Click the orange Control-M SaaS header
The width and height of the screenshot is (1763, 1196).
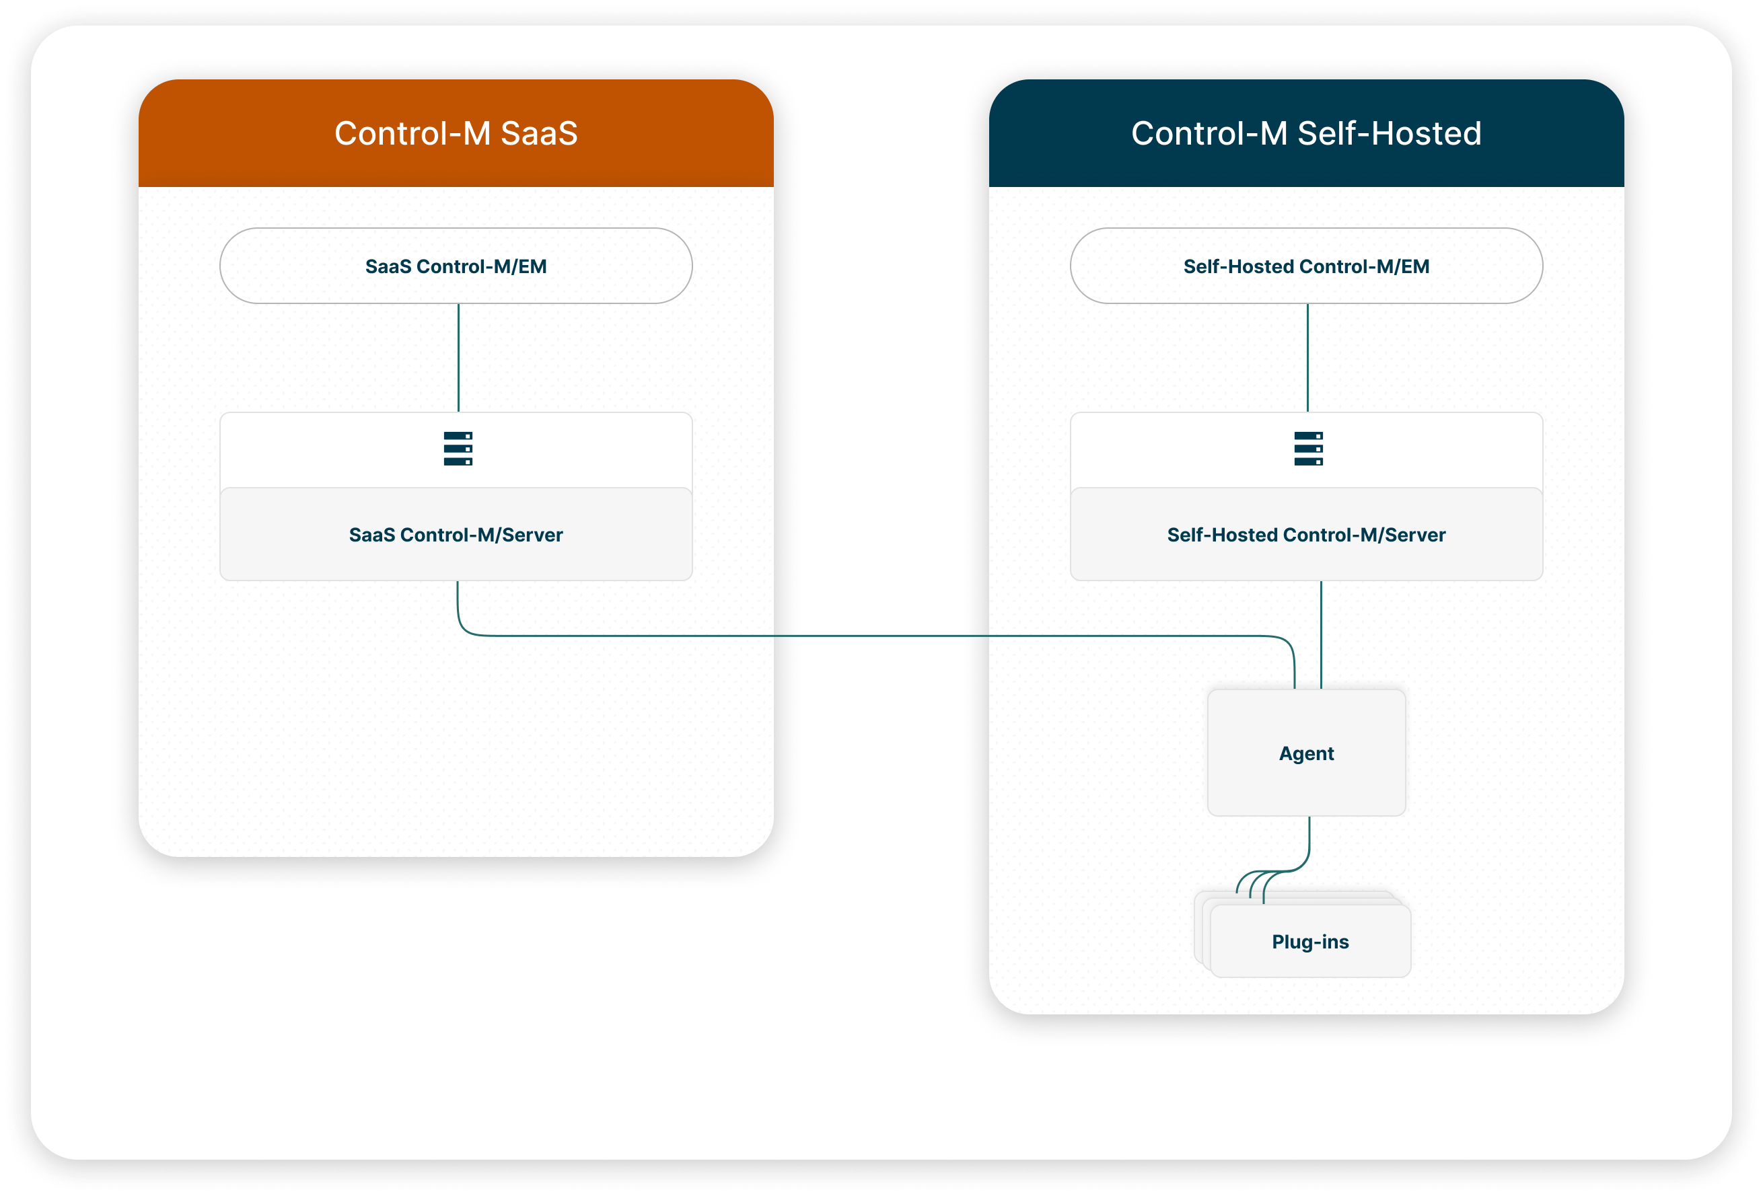(456, 133)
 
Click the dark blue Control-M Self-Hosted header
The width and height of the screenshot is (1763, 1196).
(1306, 133)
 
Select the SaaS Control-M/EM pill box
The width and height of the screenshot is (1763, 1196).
(456, 266)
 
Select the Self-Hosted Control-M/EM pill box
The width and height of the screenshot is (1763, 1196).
(1306, 266)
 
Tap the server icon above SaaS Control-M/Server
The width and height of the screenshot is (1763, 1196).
(458, 448)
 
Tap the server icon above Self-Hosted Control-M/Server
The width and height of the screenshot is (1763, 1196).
(1309, 448)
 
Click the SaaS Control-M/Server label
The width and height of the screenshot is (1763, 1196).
(456, 535)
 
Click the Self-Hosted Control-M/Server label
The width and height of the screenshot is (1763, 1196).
(1306, 535)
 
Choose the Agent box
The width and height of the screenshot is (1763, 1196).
(1306, 752)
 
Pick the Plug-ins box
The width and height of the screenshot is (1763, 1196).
(1311, 941)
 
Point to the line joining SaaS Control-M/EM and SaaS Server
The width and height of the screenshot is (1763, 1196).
(458, 358)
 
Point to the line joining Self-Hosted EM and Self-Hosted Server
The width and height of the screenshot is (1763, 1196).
(1308, 358)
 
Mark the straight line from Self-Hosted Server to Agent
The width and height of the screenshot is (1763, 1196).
(1321, 635)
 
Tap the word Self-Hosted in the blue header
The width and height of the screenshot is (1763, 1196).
(1389, 133)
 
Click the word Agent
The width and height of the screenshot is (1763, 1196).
(1306, 754)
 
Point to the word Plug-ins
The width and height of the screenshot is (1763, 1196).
(1311, 942)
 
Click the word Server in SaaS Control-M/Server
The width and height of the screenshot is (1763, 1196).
(532, 535)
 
